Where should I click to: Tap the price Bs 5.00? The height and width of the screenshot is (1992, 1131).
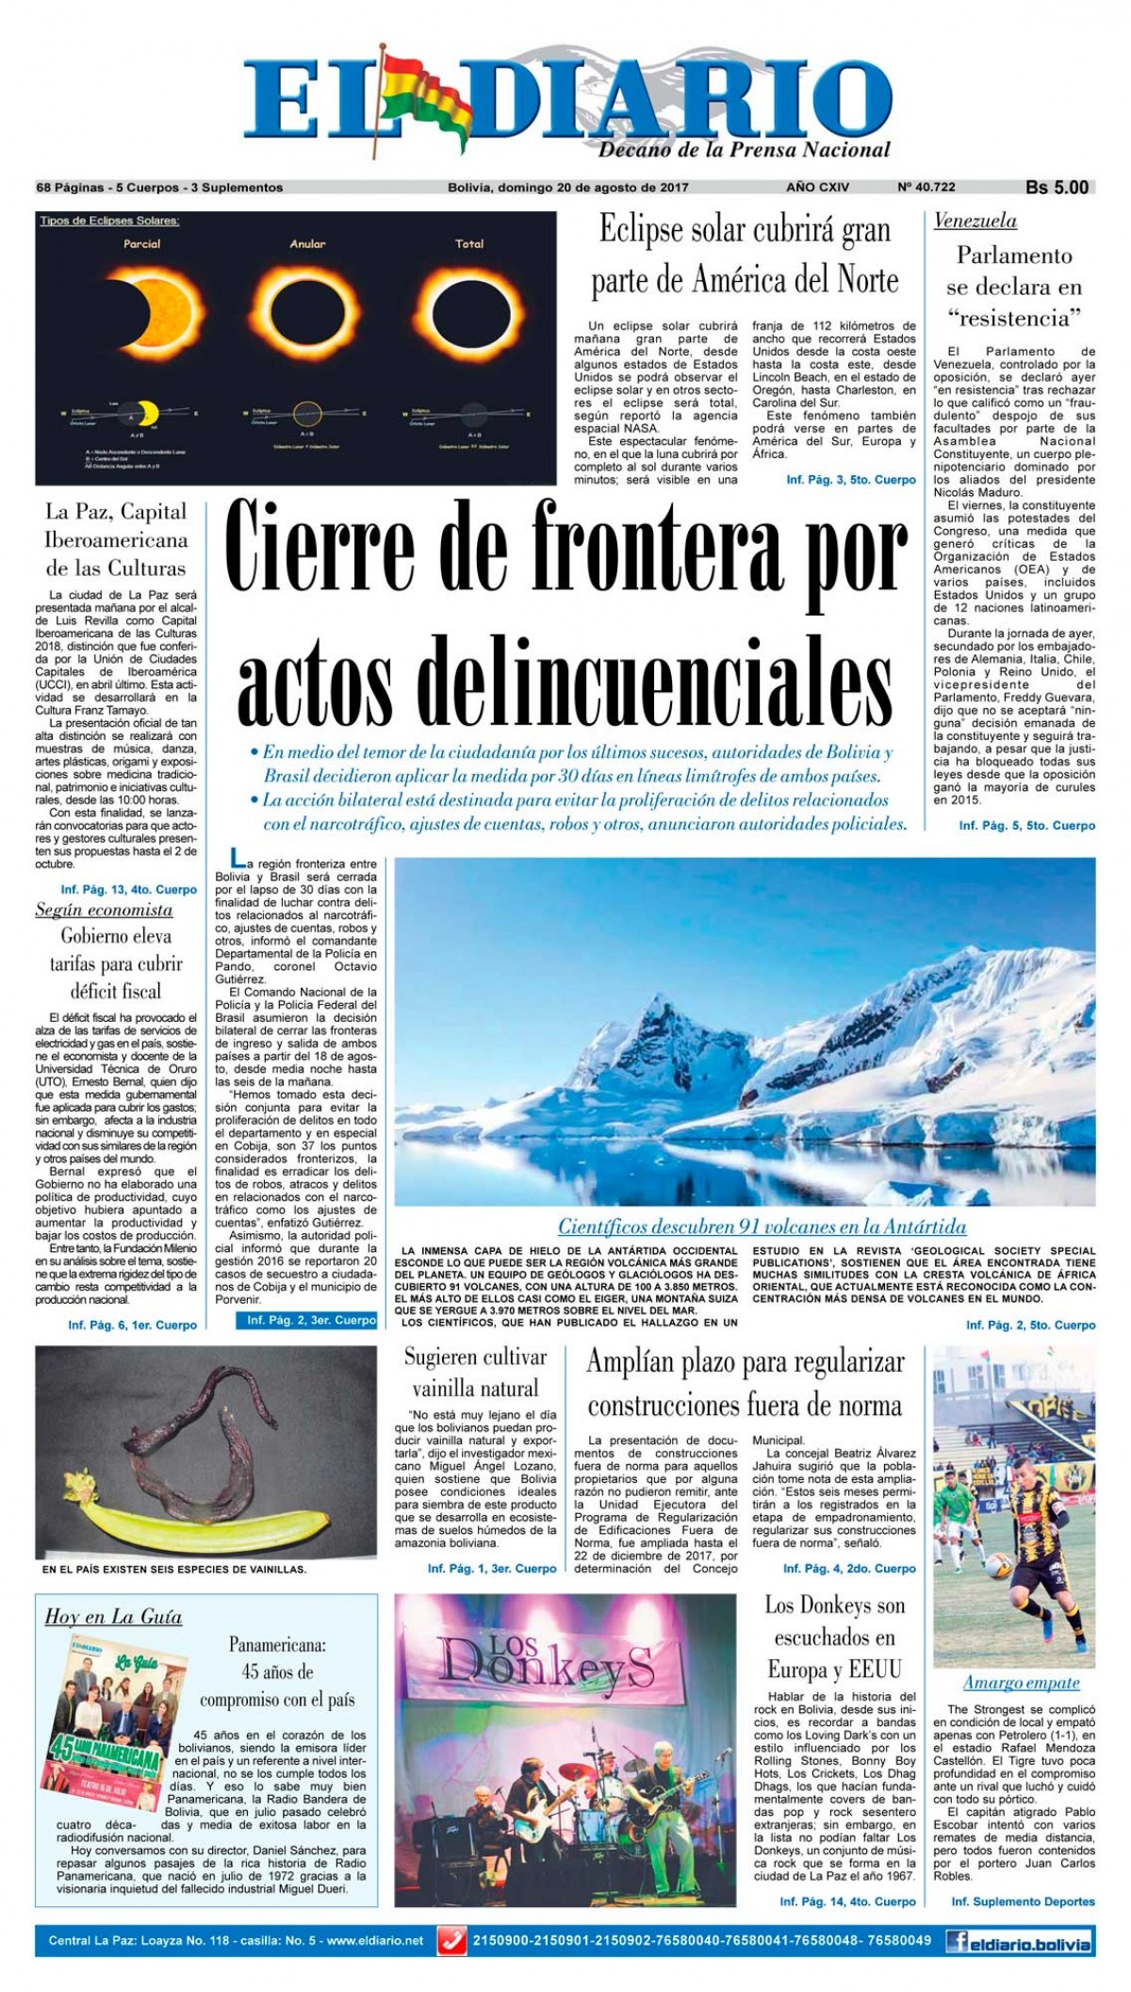click(x=1057, y=188)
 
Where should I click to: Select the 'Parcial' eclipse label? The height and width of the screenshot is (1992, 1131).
click(x=142, y=243)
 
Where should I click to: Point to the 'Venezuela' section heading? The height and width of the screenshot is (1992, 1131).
click(x=975, y=222)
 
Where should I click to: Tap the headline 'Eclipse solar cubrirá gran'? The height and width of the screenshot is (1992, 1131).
click(x=745, y=231)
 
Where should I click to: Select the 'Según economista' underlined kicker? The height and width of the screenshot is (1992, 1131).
click(x=104, y=910)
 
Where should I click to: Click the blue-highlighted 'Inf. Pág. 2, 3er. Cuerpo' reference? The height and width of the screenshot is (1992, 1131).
click(x=311, y=1321)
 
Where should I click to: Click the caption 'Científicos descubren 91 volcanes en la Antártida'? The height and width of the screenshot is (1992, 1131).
click(x=762, y=1226)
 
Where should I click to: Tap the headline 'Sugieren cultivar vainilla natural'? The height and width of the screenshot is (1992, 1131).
click(x=476, y=1373)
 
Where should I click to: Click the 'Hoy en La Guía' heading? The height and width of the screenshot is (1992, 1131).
click(x=113, y=1617)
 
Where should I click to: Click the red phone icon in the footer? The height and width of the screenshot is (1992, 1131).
click(x=453, y=1939)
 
